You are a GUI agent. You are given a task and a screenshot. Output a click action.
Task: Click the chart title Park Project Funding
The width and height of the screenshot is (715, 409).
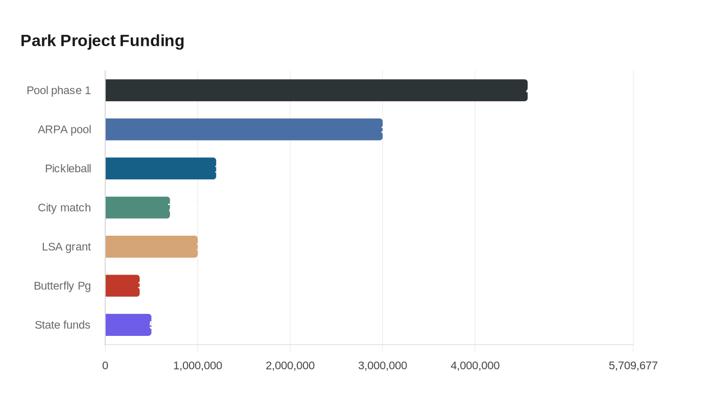click(102, 40)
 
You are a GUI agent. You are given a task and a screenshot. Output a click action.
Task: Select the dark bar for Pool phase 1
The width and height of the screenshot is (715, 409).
click(316, 90)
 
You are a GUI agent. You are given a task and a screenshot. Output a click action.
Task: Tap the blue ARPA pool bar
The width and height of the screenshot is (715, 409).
click(244, 129)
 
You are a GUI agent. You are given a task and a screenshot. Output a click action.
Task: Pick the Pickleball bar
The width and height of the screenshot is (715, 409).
click(160, 168)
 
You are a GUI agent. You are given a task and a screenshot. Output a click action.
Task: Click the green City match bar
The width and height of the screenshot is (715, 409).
click(137, 208)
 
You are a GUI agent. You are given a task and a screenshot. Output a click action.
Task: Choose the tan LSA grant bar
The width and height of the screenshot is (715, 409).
click(151, 246)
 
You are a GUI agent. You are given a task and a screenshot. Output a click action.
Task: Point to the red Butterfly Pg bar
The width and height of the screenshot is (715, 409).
click(122, 285)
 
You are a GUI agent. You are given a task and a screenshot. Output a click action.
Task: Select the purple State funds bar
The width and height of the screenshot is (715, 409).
click(128, 325)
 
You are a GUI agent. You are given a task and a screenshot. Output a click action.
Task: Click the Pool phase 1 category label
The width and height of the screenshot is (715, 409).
click(59, 90)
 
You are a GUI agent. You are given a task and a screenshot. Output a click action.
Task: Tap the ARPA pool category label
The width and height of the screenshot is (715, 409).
click(64, 129)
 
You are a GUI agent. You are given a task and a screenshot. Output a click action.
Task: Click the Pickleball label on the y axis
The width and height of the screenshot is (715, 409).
click(68, 168)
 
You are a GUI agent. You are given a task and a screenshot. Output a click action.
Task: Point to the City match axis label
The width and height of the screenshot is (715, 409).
click(64, 208)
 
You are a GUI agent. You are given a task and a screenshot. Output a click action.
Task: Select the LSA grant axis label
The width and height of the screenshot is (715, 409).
click(66, 246)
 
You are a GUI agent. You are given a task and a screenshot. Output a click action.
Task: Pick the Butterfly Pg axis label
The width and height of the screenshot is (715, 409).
click(62, 285)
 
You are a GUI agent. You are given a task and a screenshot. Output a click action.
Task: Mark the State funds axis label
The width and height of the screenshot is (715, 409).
click(62, 325)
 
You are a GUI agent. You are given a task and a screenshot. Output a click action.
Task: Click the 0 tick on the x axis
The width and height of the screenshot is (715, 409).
click(105, 366)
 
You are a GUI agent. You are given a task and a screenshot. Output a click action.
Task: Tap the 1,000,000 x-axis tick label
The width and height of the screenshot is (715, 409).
click(198, 366)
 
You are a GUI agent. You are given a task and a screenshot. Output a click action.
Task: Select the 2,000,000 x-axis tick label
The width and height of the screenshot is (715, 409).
click(290, 366)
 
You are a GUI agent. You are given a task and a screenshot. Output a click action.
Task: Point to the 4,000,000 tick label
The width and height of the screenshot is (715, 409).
click(475, 366)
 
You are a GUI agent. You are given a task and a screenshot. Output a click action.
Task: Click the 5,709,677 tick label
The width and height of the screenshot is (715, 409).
click(633, 366)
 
